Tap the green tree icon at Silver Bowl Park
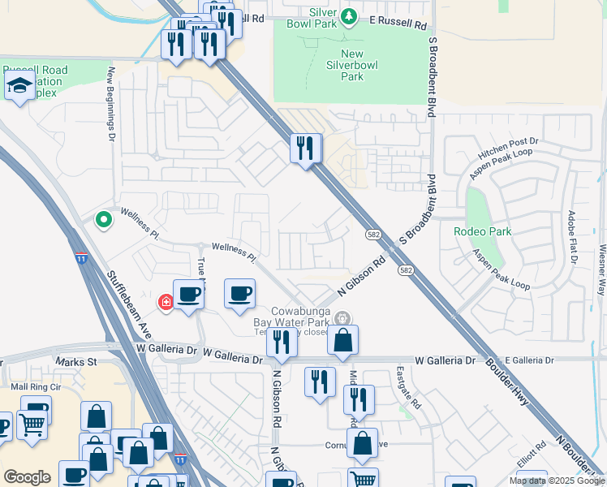pyautogui.click(x=348, y=16)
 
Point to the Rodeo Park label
pyautogui.click(x=482, y=231)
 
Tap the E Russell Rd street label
pyautogui.click(x=398, y=25)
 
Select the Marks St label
pyautogui.click(x=76, y=360)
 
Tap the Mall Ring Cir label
pyautogui.click(x=32, y=388)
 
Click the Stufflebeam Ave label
pyautogui.click(x=130, y=305)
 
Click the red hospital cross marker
pyautogui.click(x=166, y=303)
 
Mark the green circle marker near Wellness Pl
pyautogui.click(x=103, y=219)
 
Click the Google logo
pyautogui.click(x=27, y=477)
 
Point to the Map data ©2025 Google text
pyautogui.click(x=556, y=481)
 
